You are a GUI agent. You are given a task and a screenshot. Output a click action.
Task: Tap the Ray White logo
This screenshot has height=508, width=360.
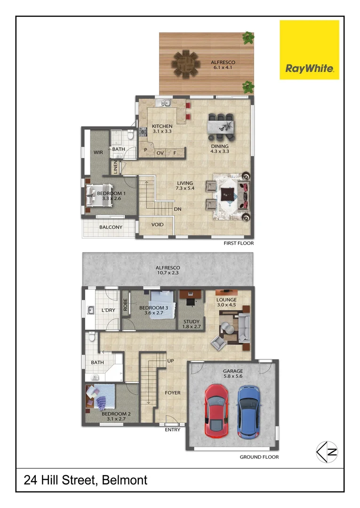click(309, 49)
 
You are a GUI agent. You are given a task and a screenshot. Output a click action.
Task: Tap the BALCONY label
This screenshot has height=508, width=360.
click(111, 228)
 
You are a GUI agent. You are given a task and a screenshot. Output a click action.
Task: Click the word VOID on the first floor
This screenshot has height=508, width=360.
click(158, 225)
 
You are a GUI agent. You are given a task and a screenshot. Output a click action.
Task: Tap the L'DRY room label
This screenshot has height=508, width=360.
click(109, 310)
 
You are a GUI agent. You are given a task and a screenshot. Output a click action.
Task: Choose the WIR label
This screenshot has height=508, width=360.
click(98, 152)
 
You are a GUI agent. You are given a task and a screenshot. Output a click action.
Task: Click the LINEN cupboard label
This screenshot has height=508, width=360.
click(115, 167)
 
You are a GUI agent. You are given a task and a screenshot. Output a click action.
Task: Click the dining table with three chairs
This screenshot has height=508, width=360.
click(221, 127)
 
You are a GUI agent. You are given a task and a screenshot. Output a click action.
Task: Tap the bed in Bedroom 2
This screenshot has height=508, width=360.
click(101, 398)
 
